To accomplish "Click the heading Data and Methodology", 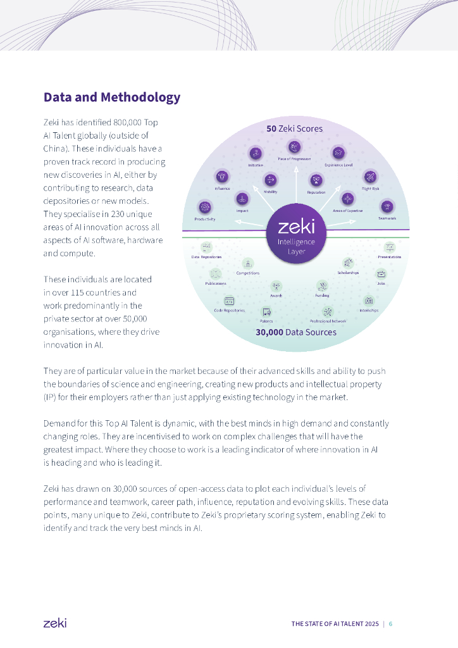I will [x=112, y=97].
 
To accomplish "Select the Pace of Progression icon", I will [x=294, y=147].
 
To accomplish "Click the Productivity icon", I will [x=204, y=206].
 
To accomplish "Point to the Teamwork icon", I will [x=387, y=206].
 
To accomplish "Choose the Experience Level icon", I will [x=338, y=153].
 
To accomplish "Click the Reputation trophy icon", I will [x=316, y=180].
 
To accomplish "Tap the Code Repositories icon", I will [x=229, y=301].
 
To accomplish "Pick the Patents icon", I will [x=266, y=311].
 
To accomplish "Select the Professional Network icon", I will [x=328, y=311].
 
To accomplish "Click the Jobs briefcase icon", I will [x=381, y=274].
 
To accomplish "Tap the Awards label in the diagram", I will [x=276, y=296].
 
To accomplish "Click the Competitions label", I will [x=248, y=273].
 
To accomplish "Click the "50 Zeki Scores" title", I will [x=294, y=128].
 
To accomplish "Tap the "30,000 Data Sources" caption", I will [x=296, y=332].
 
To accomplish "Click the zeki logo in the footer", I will [x=54, y=623].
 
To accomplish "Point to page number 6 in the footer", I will [x=391, y=624].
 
